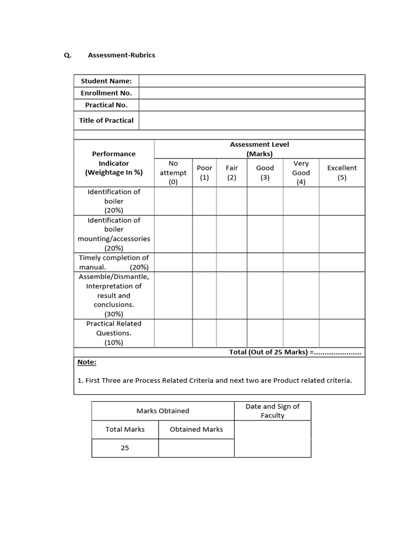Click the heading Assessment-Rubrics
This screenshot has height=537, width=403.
click(121, 55)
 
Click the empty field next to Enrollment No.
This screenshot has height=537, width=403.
click(251, 93)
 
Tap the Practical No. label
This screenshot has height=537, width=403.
click(106, 105)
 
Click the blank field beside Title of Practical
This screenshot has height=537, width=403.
click(251, 121)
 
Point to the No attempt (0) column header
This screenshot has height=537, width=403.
click(173, 173)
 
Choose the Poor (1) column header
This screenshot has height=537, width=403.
click(205, 173)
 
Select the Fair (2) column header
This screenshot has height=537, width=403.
click(232, 173)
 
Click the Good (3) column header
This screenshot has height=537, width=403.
click(265, 173)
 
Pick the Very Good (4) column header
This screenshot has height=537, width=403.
click(301, 173)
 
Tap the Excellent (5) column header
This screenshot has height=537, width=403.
click(342, 173)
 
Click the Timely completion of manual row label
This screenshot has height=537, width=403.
click(114, 262)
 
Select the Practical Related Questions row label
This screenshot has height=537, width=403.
click(114, 333)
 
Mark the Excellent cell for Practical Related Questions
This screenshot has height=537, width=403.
click(342, 333)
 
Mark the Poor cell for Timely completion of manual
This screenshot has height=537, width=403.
click(205, 262)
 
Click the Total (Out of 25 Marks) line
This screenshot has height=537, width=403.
click(295, 352)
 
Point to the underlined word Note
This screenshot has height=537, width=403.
click(87, 362)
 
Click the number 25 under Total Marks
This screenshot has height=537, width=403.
click(125, 448)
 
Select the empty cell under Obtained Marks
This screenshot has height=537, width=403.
click(196, 448)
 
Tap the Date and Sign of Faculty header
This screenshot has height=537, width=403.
click(272, 411)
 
